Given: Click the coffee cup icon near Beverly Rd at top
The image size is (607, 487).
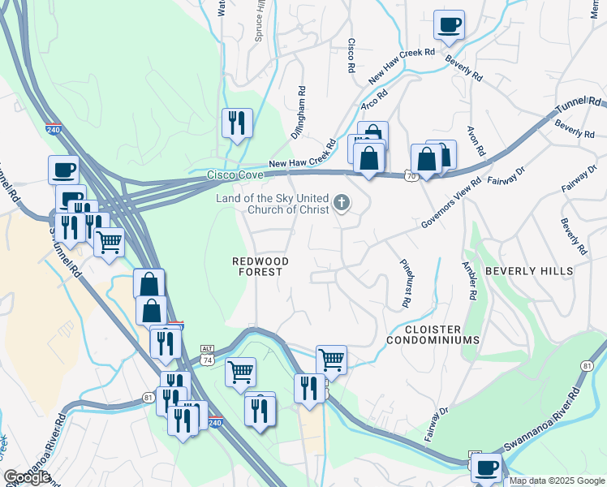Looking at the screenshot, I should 449,24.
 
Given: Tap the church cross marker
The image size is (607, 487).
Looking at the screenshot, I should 342,203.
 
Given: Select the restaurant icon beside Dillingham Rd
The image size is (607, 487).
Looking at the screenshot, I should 237,123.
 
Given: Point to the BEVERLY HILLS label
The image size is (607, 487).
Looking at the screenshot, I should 529,271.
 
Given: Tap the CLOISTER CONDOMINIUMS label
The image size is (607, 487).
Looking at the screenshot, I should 433,334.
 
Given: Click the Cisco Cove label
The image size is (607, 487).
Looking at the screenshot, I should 235,175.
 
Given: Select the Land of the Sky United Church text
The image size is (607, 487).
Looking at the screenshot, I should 271,204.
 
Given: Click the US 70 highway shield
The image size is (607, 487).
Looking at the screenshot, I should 410,175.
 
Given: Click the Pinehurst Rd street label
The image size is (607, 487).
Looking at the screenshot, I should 405,283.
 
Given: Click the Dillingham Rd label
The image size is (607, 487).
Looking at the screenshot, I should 301,110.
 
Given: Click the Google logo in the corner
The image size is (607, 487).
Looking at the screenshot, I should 27,477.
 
